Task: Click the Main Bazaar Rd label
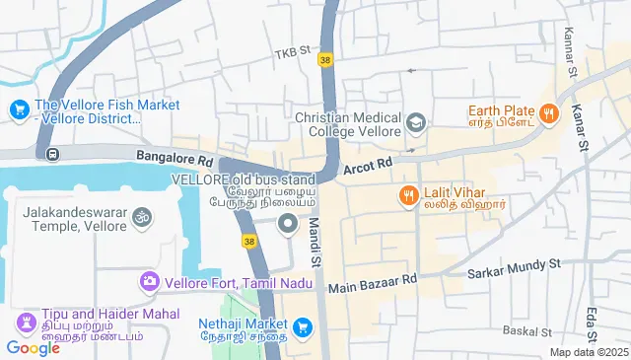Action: tap(373, 285)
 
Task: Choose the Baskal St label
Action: tap(524, 331)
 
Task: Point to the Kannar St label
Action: tap(570, 55)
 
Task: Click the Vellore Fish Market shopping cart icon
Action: tap(18, 109)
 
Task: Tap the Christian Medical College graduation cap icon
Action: tap(416, 122)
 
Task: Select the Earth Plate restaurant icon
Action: tap(550, 113)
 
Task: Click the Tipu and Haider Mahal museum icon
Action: tap(25, 324)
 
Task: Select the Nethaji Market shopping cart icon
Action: tap(303, 326)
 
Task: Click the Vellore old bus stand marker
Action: tap(288, 225)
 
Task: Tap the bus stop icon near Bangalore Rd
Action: tap(51, 153)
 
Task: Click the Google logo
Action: tap(33, 347)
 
